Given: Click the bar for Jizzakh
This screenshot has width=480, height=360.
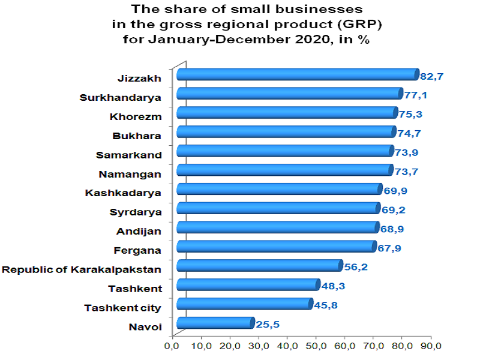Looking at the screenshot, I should pos(297,74).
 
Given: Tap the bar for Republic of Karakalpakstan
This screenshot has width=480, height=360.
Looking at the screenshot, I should pos(259,266).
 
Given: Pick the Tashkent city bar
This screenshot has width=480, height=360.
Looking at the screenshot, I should pos(244,304).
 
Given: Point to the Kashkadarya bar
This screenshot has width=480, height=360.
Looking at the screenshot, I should pos(278,190).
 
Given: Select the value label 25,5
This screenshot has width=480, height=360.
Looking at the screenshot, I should pos(268,325).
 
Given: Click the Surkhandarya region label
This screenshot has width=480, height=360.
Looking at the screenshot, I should pos(121,97).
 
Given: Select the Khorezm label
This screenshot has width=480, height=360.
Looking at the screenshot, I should pos(136,116).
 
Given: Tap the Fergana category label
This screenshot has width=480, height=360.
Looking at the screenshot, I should pos(137,250).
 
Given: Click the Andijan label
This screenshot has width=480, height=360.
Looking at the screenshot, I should pos(139,231).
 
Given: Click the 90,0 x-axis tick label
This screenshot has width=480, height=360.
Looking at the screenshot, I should pos(431,346).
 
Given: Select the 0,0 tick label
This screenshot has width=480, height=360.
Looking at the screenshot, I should pos(173,346).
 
